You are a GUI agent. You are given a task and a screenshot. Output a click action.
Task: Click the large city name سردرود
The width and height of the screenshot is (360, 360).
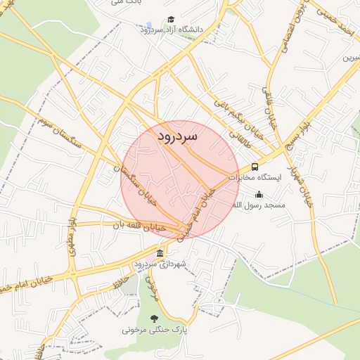click(x=177, y=134)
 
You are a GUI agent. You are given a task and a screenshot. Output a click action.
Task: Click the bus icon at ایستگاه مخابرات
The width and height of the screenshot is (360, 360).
click(x=255, y=167)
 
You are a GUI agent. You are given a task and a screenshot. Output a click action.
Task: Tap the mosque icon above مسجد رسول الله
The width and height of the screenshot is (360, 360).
click(x=259, y=195)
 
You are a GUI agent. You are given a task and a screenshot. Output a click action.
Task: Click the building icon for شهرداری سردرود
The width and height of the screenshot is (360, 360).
click(x=160, y=253)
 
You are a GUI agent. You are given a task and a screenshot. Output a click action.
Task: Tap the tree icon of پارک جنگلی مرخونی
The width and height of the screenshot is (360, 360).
click(x=155, y=319)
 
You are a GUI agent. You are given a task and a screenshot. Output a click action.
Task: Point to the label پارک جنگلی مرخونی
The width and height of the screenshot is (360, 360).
click(x=155, y=329)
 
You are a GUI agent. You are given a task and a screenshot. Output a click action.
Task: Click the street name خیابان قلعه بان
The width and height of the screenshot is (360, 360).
click(x=141, y=226)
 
